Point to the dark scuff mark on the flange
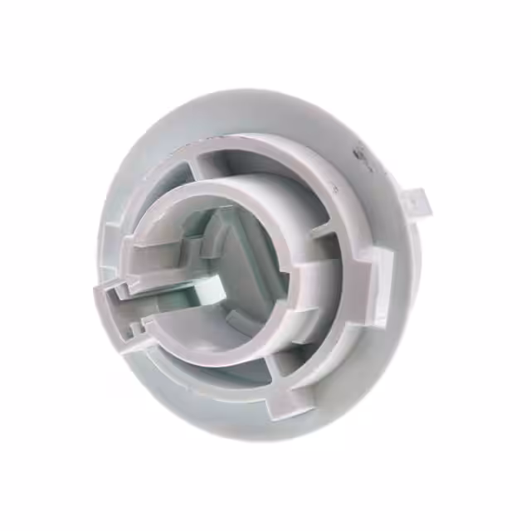[x=359, y=153]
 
